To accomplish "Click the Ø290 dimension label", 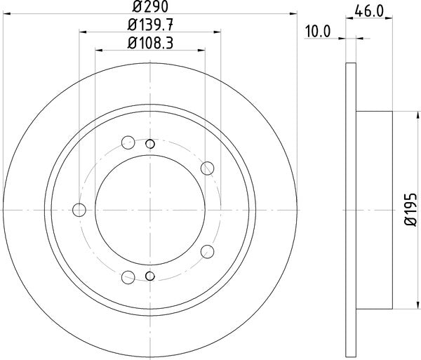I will pyautogui.click(x=149, y=8).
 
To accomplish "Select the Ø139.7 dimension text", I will pyautogui.click(x=149, y=25).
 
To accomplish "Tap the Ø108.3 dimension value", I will pyautogui.click(x=149, y=43).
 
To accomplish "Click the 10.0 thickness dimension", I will pyautogui.click(x=319, y=31).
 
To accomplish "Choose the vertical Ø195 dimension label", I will pyautogui.click(x=410, y=210).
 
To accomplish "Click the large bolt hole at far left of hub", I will pyautogui.click(x=79, y=209).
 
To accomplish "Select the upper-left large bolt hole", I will pyautogui.click(x=128, y=143).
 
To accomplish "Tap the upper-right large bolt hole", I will pyautogui.click(x=207, y=168).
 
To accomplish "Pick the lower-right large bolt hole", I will pyautogui.click(x=207, y=251).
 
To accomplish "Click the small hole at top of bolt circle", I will pyautogui.click(x=150, y=144).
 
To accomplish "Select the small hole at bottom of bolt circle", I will pyautogui.click(x=150, y=275).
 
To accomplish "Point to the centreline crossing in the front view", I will pyautogui.click(x=150, y=209).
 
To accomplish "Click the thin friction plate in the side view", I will pyautogui.click(x=352, y=209).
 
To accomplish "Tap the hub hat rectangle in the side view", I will pyautogui.click(x=374, y=209).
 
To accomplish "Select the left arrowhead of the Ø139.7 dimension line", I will pyautogui.click(x=82, y=32).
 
